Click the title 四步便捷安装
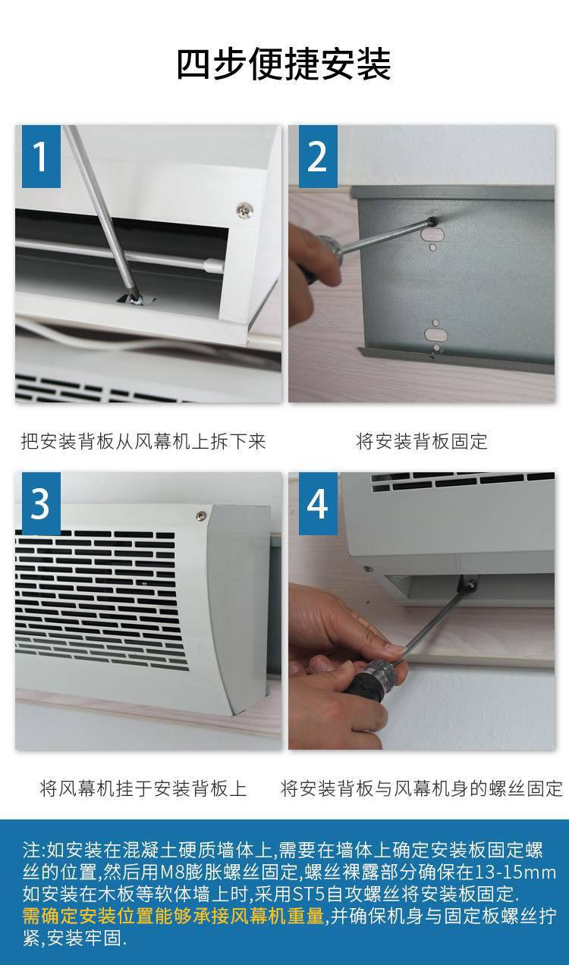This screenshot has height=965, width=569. pyautogui.click(x=284, y=64)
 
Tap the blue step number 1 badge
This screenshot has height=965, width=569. pyautogui.click(x=41, y=156)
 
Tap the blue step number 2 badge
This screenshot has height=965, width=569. pyautogui.click(x=318, y=156)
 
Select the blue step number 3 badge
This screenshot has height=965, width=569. pyautogui.click(x=41, y=503)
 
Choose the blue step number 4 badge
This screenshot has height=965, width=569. pyautogui.click(x=318, y=503)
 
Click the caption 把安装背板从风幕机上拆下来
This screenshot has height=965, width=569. pyautogui.click(x=143, y=441)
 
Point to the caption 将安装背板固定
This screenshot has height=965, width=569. pyautogui.click(x=422, y=441)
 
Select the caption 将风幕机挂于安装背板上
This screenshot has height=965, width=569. pyautogui.click(x=143, y=788)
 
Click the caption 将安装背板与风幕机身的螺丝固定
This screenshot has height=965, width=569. pyautogui.click(x=422, y=788)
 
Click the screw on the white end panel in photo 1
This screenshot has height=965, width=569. pyautogui.click(x=244, y=210)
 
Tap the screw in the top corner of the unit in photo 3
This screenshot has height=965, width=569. pyautogui.click(x=201, y=515)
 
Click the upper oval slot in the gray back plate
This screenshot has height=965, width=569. pyautogui.click(x=434, y=235)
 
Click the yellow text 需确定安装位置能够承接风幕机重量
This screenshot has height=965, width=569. pyautogui.click(x=173, y=915)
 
